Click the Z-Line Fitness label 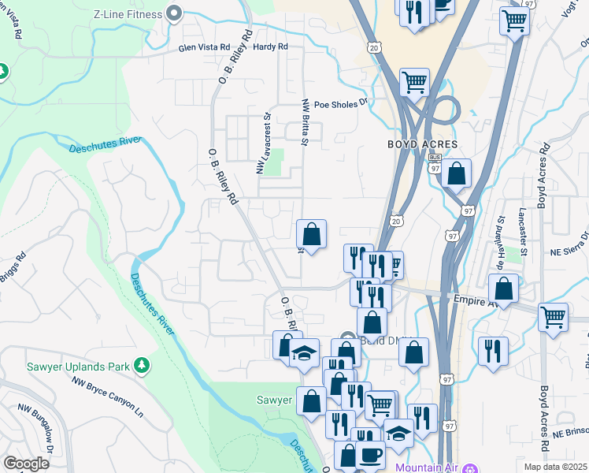(128, 13)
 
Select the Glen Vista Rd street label (204, 47)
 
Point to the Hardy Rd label (271, 47)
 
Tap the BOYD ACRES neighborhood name (422, 144)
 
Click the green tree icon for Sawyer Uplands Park (141, 365)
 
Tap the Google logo (26, 463)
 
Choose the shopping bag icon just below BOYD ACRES (456, 174)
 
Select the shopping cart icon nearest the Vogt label (514, 21)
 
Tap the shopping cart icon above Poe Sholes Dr (414, 81)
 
